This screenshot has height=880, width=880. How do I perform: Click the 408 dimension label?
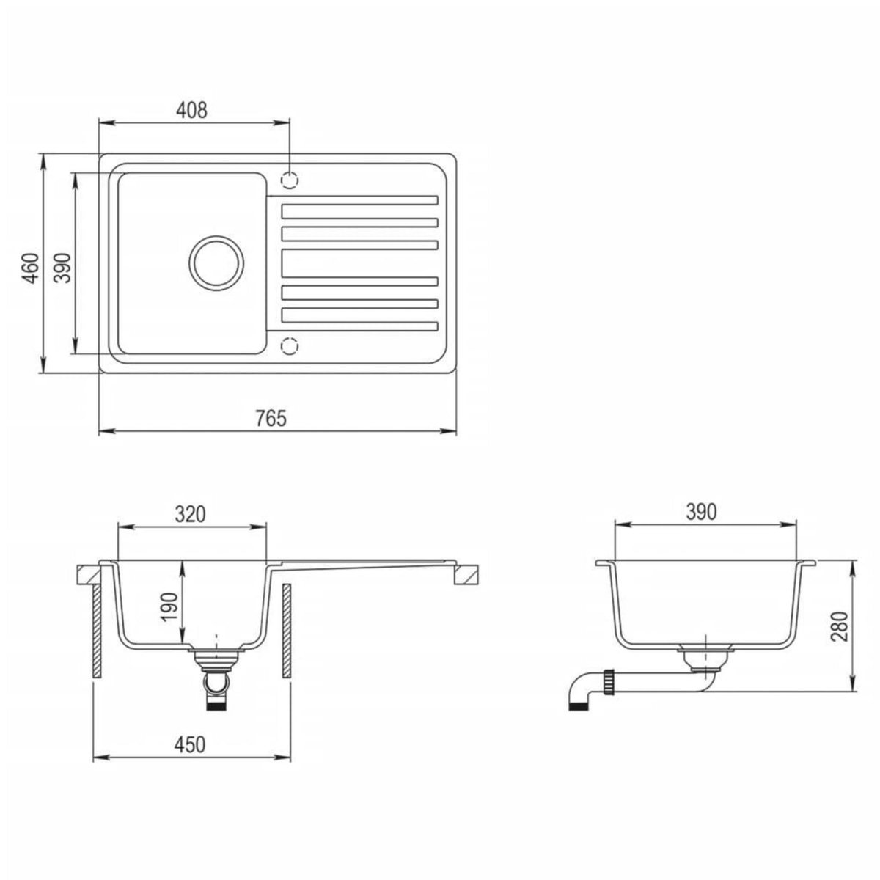193,110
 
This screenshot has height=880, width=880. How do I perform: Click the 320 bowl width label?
189,514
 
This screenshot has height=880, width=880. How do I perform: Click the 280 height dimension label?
840,627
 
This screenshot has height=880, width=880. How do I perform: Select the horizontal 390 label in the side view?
701,512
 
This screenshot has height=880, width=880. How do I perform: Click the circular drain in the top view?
215,262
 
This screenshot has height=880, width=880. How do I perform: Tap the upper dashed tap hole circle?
290,179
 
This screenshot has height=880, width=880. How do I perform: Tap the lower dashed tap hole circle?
290,345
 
